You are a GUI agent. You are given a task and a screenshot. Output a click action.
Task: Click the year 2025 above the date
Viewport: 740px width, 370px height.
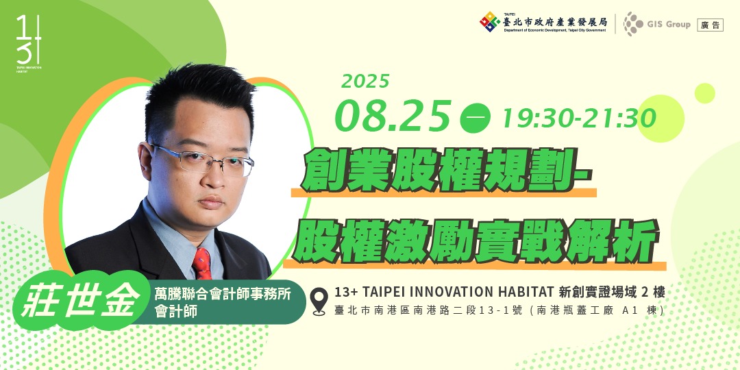(365, 82)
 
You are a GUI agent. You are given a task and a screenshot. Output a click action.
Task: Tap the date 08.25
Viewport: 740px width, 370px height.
(393, 115)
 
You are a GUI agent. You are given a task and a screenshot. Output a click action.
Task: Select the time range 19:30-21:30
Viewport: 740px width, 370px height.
(579, 119)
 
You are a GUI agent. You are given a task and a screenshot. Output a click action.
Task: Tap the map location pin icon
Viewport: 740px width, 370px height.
(318, 301)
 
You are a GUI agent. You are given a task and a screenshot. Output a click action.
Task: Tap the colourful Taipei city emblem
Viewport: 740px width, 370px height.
(489, 22)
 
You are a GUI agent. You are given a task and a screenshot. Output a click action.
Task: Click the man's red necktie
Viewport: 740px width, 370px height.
(201, 264)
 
